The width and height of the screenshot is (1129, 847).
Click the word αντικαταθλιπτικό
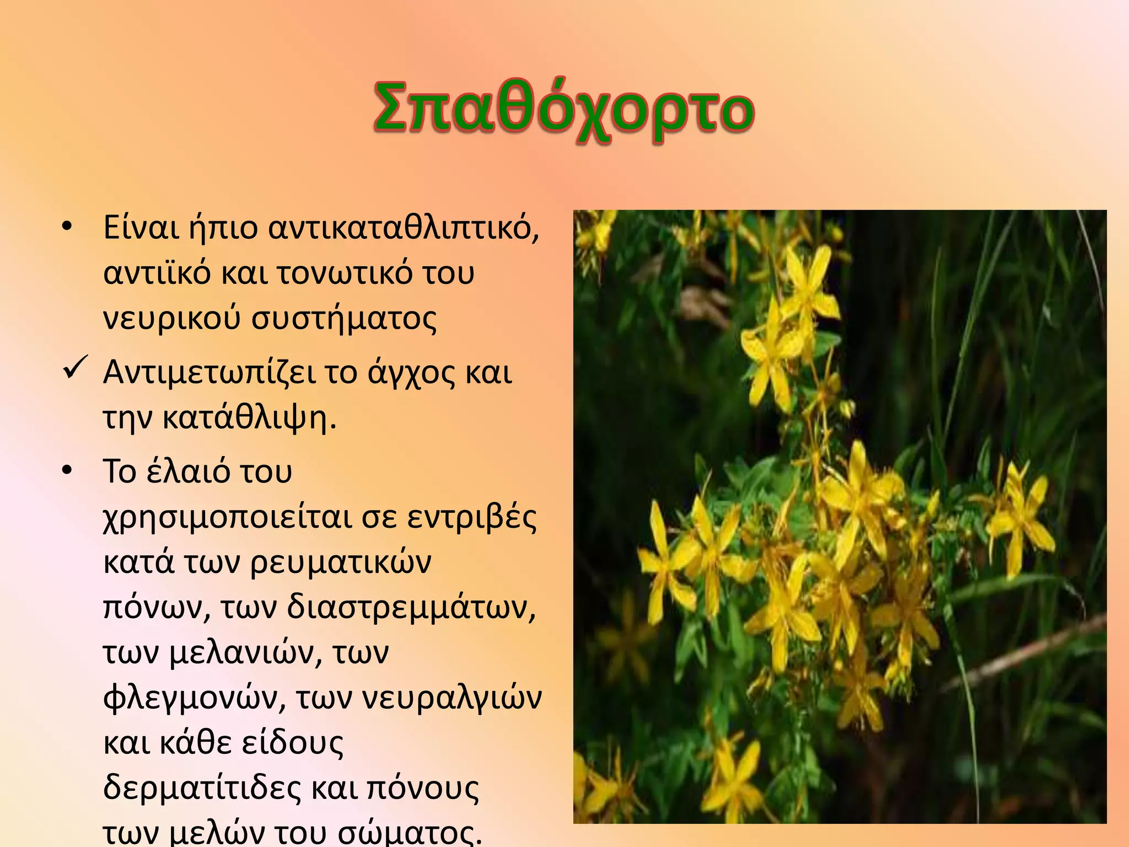pos(403,227)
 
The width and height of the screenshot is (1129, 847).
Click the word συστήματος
pos(344,319)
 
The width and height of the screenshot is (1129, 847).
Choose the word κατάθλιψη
pos(249,418)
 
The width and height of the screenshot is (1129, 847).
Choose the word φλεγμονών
pos(195,698)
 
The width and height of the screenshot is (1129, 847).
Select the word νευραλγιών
pos(451,698)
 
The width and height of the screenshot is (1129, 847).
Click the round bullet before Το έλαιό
pos(67,470)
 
